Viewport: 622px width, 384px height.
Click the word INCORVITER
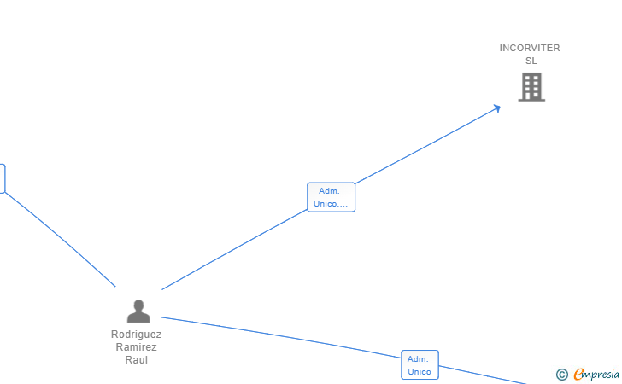pyautogui.click(x=530, y=49)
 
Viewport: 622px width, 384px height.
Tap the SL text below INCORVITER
pyautogui.click(x=531, y=61)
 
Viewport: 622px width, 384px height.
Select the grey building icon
pyautogui.click(x=531, y=86)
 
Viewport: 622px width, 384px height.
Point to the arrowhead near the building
pyautogui.click(x=496, y=108)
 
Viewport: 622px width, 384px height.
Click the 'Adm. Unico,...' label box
pyautogui.click(x=331, y=197)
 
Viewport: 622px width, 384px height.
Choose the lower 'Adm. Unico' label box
pyautogui.click(x=420, y=365)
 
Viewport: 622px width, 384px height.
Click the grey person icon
pyautogui.click(x=138, y=311)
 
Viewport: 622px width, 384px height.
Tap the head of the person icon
pyautogui.click(x=138, y=305)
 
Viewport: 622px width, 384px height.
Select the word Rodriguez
pyautogui.click(x=136, y=335)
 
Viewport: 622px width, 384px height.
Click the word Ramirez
pyautogui.click(x=136, y=347)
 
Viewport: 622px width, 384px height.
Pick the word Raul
pyautogui.click(x=136, y=360)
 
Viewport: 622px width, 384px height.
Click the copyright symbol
pyautogui.click(x=561, y=374)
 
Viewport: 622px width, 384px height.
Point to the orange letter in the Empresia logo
pyautogui.click(x=578, y=374)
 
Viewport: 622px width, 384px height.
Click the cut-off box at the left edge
pyautogui.click(x=2, y=178)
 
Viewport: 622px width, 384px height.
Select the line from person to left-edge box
pyautogui.click(x=60, y=239)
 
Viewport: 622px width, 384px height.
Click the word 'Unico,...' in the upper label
pyautogui.click(x=331, y=203)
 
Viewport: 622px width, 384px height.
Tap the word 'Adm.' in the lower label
pyautogui.click(x=418, y=359)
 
